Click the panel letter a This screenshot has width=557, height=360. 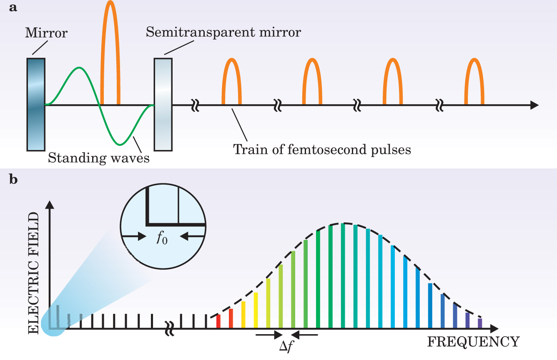(13, 8)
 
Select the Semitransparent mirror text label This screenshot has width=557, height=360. (223, 32)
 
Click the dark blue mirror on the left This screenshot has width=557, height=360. (36, 104)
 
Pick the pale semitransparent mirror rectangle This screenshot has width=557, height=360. (163, 104)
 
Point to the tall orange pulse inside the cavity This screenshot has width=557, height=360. (110, 50)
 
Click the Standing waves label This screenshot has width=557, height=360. (98, 158)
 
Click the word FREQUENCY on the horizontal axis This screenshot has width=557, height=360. (473, 342)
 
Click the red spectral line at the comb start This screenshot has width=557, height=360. (218, 322)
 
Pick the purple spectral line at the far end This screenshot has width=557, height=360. (479, 323)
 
